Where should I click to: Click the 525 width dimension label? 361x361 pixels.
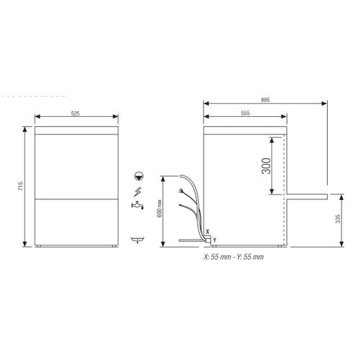[x=76, y=114]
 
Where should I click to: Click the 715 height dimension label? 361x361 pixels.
[x=22, y=186]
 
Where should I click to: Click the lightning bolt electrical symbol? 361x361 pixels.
[x=138, y=191]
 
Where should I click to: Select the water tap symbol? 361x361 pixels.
[x=137, y=206]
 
